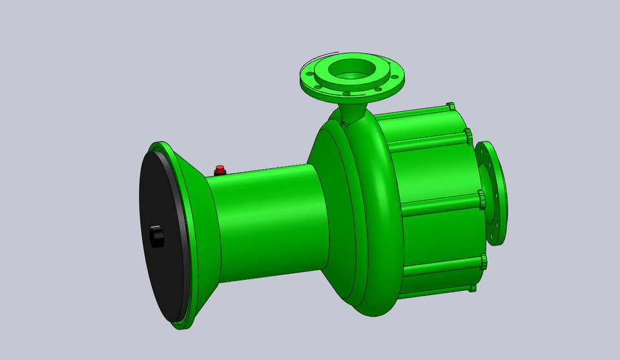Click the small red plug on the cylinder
pyautogui.click(x=220, y=170)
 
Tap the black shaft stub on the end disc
pyautogui.click(x=156, y=237)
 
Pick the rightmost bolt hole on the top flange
pyautogui.click(x=394, y=75)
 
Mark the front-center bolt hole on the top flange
pyautogui.click(x=347, y=94)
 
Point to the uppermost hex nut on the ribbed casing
pyautogui.click(x=450, y=107)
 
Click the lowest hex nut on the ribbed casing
pyautogui.click(x=473, y=287)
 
